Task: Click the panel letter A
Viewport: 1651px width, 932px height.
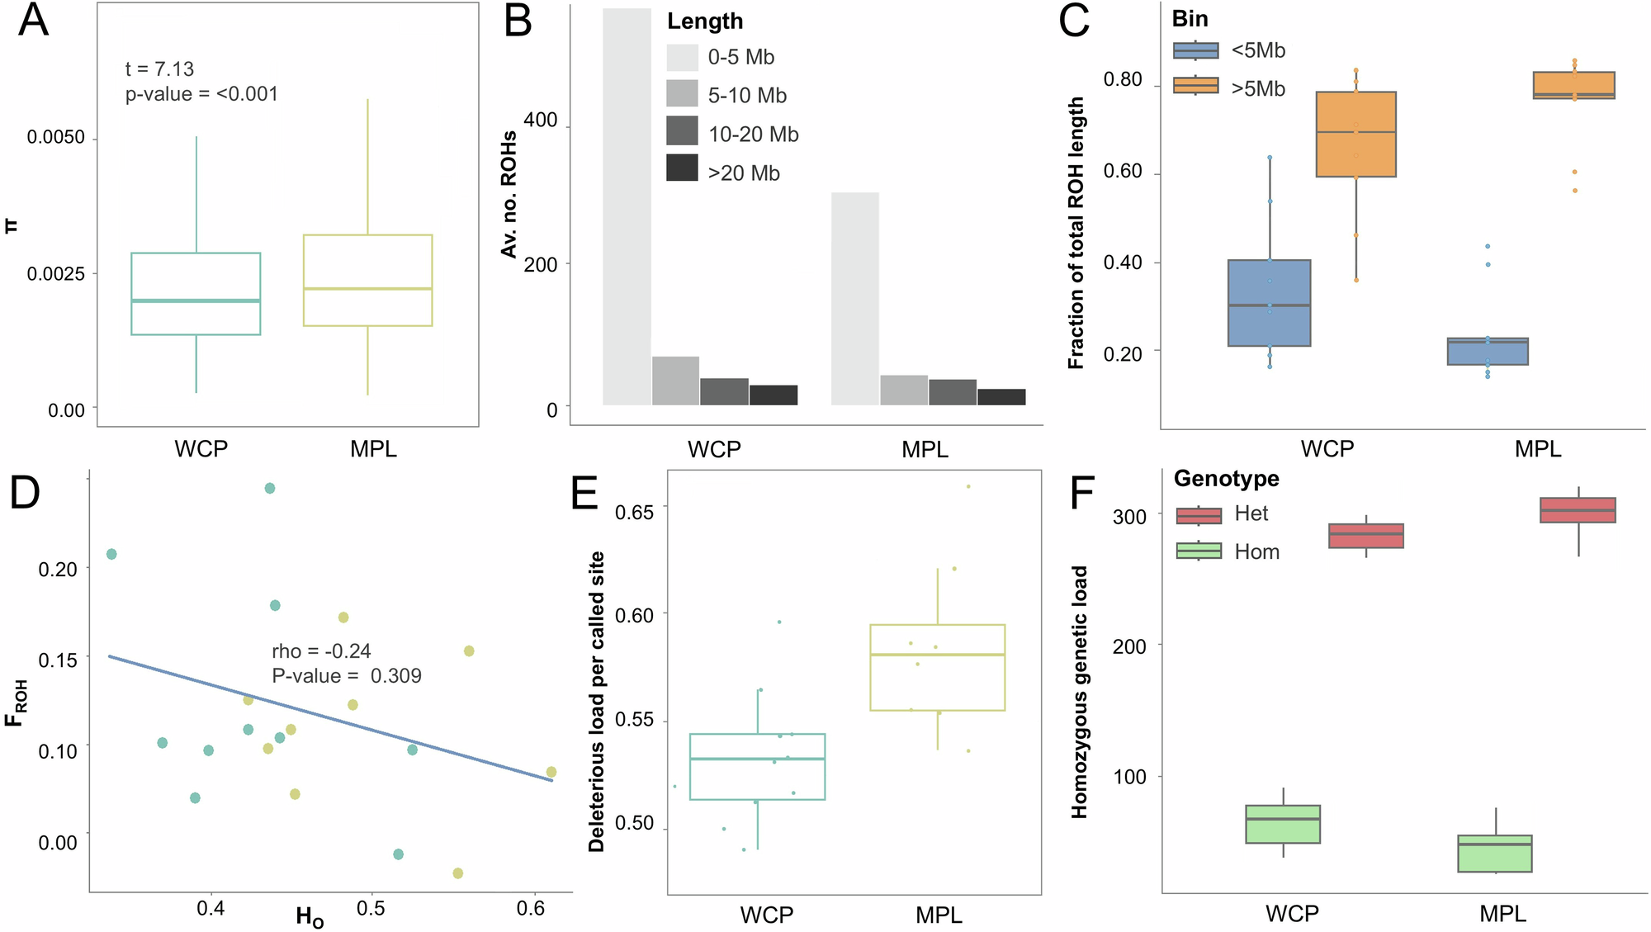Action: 33,21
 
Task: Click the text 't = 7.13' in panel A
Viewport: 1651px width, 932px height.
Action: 159,69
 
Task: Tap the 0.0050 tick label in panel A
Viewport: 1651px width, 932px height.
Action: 55,137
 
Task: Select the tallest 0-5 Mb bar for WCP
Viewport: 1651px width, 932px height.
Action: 627,206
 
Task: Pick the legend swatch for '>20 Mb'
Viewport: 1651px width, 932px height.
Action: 682,168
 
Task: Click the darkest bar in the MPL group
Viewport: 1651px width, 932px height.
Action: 1001,397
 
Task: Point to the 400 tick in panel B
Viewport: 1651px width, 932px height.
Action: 541,121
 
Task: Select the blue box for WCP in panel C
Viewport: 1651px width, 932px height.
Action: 1269,303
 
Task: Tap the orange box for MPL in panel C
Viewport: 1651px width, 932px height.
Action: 1573,85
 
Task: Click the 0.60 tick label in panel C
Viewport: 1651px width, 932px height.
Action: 1123,172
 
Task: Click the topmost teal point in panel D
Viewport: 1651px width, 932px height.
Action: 269,489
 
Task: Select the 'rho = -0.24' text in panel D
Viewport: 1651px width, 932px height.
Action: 321,651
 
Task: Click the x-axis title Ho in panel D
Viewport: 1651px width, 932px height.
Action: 310,916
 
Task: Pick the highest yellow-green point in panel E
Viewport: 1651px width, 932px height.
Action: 968,486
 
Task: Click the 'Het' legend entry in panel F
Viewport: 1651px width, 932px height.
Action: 1251,513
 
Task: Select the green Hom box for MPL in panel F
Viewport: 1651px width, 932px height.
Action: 1494,854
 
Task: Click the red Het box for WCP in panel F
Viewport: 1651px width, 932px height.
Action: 1365,536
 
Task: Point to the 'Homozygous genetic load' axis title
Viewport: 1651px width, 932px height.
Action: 1079,692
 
